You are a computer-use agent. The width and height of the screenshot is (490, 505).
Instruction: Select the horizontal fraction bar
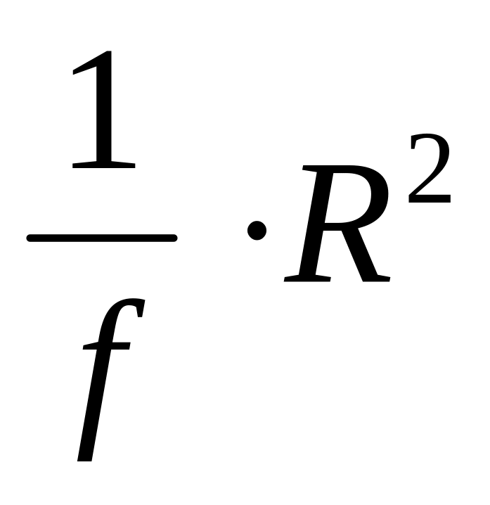[x=101, y=238]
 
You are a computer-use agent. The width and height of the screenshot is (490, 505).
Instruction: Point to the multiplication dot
[x=257, y=229]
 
